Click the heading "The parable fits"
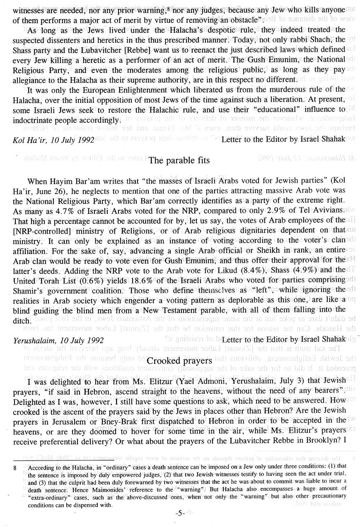[179, 161]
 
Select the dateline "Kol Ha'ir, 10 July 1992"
[53, 140]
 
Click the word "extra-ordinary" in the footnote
[42, 499]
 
